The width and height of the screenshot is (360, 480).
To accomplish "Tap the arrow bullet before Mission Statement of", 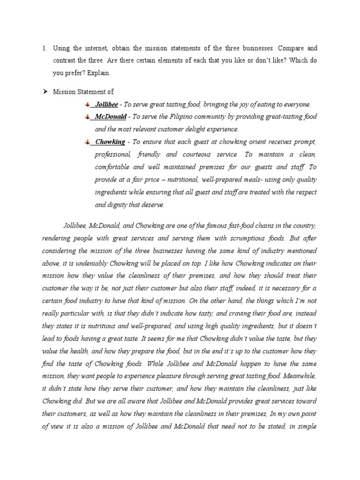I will coord(45,91).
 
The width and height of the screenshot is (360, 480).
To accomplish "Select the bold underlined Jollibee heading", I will coord(106,104).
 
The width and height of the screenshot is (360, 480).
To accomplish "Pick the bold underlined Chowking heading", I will coord(110,142).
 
